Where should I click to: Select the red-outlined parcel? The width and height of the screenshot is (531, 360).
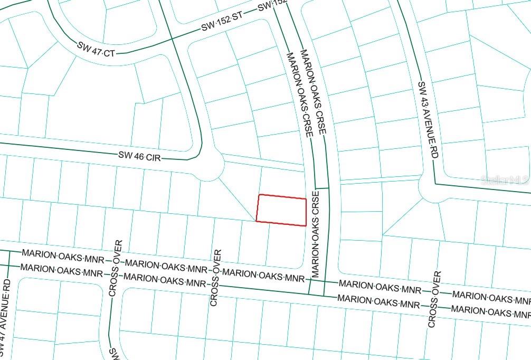(x=281, y=210)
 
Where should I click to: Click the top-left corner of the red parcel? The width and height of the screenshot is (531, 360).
(x=259, y=195)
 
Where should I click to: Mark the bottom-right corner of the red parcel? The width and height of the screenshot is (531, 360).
(x=306, y=226)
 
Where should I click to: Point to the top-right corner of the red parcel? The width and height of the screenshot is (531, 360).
(x=306, y=199)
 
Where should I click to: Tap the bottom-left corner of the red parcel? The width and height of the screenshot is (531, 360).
(x=257, y=221)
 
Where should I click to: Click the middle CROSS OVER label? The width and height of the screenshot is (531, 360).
(x=215, y=278)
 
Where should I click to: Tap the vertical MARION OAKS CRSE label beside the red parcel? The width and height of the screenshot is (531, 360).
(x=315, y=235)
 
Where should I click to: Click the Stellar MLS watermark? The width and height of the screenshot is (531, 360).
(x=505, y=179)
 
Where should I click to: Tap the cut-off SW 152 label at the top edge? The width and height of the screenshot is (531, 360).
(x=272, y=5)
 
